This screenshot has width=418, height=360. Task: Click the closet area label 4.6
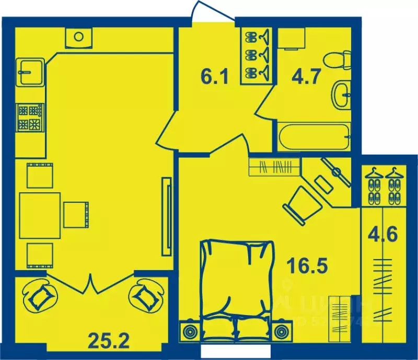pos(384,233)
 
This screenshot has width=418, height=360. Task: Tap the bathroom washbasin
pos(342,94)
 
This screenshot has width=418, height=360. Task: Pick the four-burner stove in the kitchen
pos(30,117)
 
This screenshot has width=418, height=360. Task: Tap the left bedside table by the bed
pos(189,331)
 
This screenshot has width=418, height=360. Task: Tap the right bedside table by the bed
pos(282,331)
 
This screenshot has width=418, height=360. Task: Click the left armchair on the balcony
pos(39,296)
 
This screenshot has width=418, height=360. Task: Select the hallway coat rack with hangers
pos(258,55)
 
